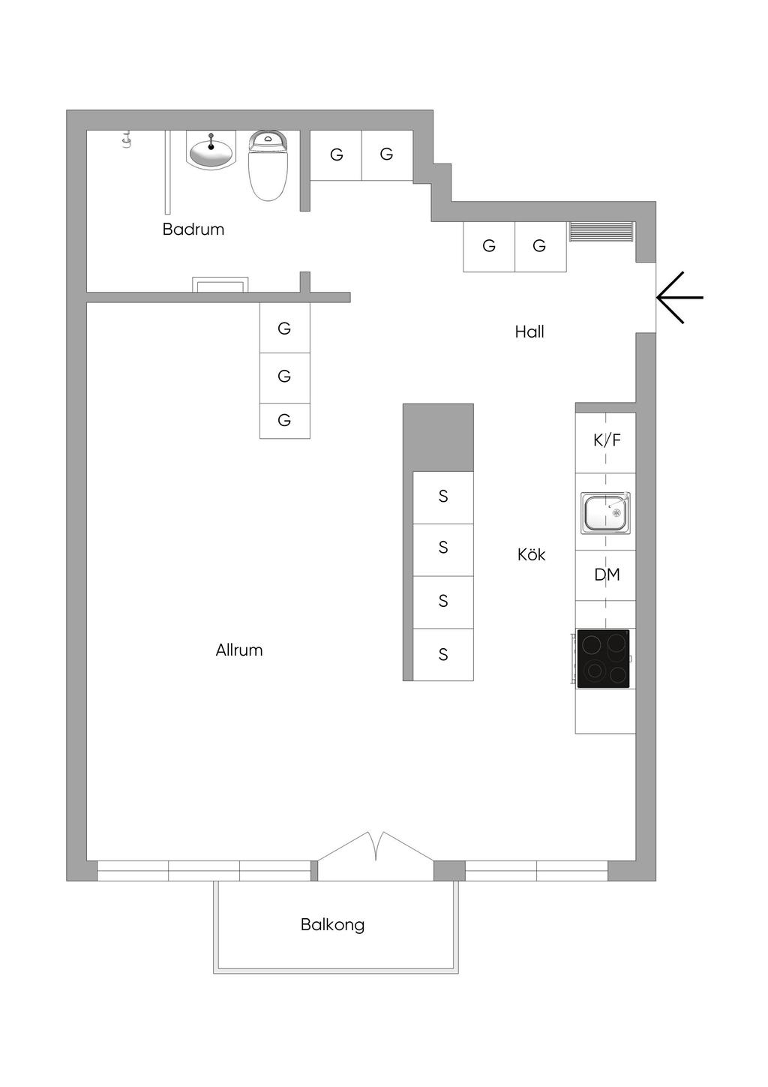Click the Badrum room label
[x=193, y=229]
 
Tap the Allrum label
[x=239, y=650]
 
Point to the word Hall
[x=529, y=332]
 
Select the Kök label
[x=531, y=554]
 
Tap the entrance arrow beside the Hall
[x=679, y=298]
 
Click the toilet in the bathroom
[x=268, y=166]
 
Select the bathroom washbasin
[x=211, y=150]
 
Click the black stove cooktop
[x=603, y=659]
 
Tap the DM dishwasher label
[x=607, y=575]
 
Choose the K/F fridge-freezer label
[x=607, y=440]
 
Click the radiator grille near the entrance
[x=601, y=232]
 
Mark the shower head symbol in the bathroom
[x=127, y=140]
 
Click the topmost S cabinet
[x=443, y=497]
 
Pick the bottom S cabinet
[x=443, y=655]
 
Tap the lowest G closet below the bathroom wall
[x=285, y=421]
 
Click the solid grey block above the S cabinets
[x=438, y=437]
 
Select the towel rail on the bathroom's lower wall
[x=220, y=284]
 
